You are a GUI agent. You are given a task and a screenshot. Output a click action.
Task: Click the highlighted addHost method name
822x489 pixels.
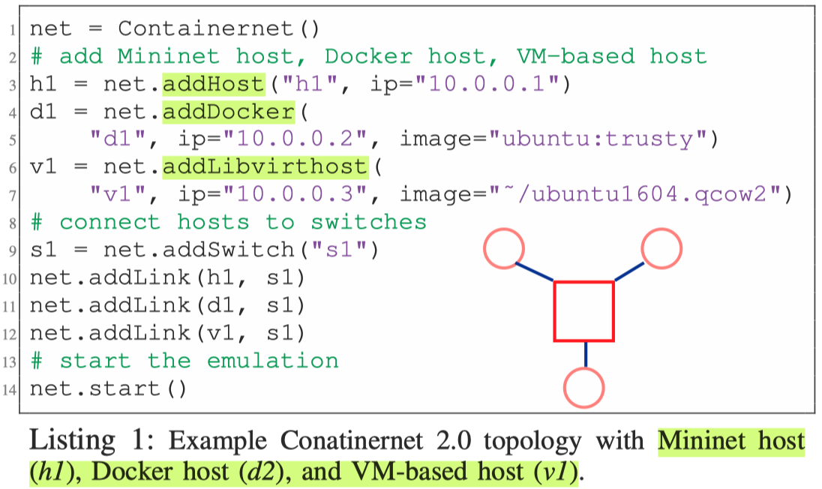click(x=213, y=84)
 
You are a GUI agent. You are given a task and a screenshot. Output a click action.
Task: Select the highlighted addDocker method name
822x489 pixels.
click(x=228, y=112)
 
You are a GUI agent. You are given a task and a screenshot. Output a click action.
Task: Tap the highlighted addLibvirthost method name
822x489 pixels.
click(x=265, y=166)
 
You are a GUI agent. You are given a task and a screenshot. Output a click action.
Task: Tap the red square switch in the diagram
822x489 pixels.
click(x=583, y=310)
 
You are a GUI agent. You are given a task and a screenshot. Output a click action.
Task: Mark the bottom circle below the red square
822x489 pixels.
click(x=584, y=387)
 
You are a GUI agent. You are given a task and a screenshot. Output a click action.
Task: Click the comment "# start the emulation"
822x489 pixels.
click(x=184, y=361)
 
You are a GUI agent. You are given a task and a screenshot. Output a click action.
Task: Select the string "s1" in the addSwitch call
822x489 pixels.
click(x=353, y=250)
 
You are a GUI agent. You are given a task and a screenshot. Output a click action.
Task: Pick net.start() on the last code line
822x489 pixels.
click(x=107, y=388)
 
